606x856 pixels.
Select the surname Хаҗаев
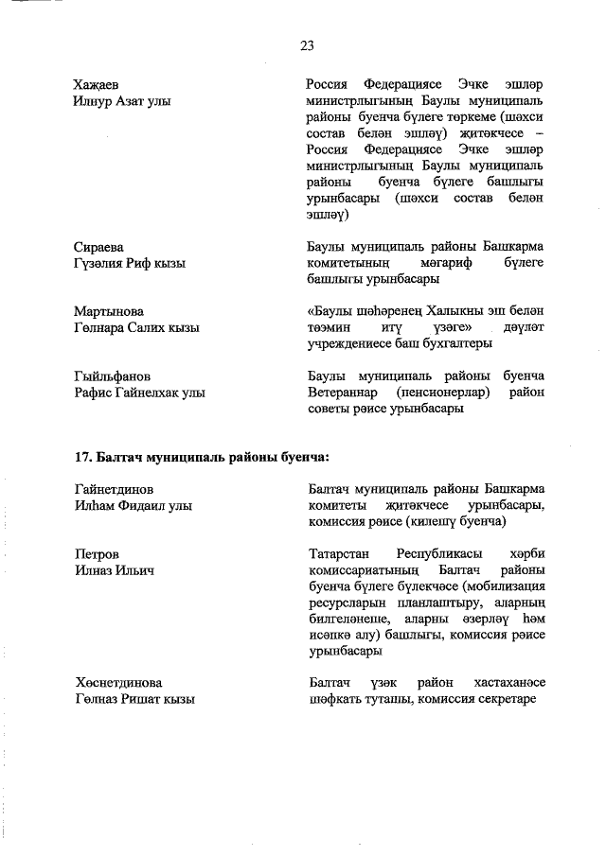(x=98, y=84)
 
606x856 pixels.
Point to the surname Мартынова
(x=108, y=310)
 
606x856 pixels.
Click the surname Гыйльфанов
(x=113, y=376)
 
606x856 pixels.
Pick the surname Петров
(x=97, y=553)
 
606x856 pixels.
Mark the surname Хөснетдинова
(x=118, y=682)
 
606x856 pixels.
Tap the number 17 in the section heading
(x=81, y=457)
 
